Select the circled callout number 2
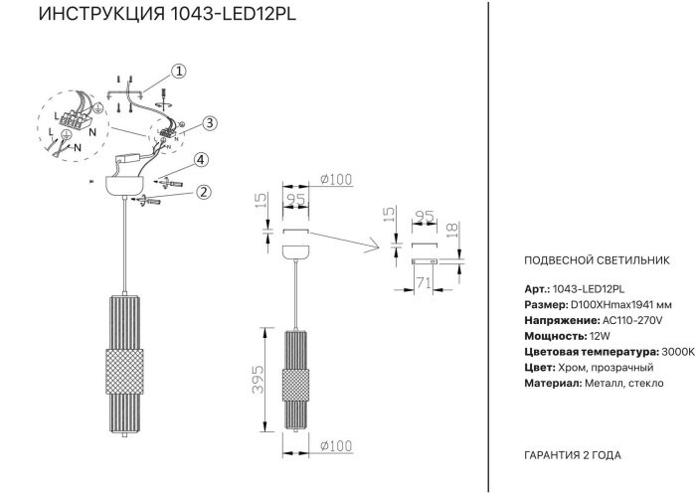[x=203, y=192]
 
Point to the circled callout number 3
[x=209, y=123]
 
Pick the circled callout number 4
[x=200, y=160]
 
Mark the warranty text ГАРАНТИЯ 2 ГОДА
[x=572, y=454]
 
